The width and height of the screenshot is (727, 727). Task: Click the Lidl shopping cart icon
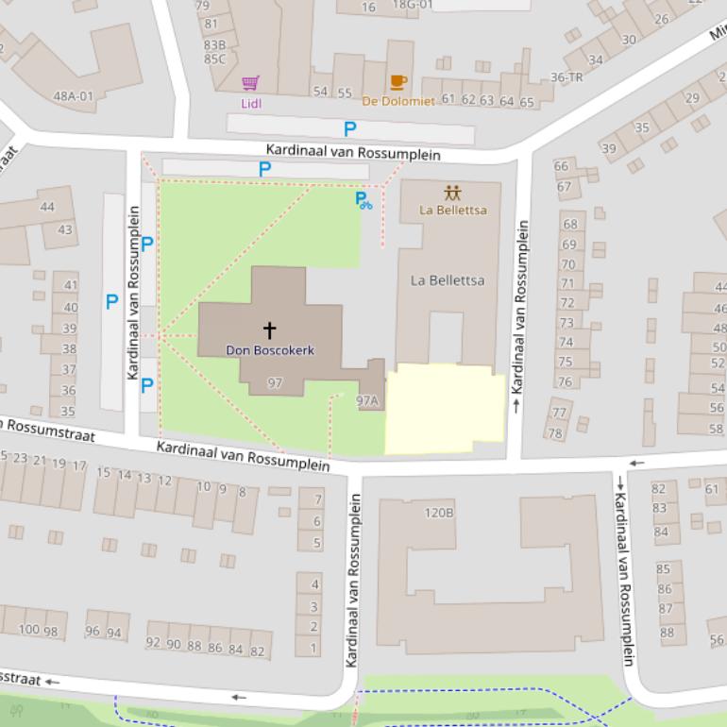[x=250, y=84]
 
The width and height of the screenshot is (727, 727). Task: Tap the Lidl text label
[x=251, y=103]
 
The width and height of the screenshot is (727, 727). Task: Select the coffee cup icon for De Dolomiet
[x=397, y=82]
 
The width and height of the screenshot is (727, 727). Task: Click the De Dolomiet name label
[x=398, y=101]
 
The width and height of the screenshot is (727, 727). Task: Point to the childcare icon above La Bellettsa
[x=452, y=193]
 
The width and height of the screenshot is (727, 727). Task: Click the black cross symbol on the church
[x=269, y=330]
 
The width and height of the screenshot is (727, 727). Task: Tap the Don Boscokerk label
[x=270, y=350]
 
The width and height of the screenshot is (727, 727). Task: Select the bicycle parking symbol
[x=363, y=199]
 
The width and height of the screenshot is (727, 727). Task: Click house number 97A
[x=366, y=401]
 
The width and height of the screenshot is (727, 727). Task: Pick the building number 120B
[x=438, y=513]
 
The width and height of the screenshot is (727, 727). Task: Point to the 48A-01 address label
[x=74, y=95]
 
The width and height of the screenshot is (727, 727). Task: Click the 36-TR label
[x=566, y=77]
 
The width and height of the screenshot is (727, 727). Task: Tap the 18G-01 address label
[x=412, y=5]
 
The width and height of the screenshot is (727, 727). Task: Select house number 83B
[x=214, y=44]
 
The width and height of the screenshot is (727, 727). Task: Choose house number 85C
[x=214, y=59]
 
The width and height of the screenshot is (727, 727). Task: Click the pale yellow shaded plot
[x=444, y=408]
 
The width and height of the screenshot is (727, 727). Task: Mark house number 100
[x=29, y=630]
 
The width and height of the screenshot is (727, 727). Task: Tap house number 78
[x=555, y=433]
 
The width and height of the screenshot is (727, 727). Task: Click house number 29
[x=692, y=98]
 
